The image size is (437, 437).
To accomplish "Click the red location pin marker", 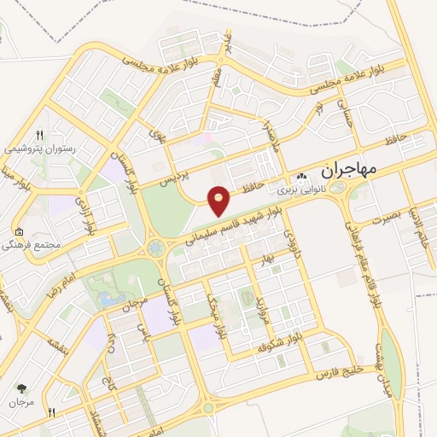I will point(219,201).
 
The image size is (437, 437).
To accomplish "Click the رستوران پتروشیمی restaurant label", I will point(40,149).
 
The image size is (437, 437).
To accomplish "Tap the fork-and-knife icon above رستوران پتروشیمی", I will point(39,134).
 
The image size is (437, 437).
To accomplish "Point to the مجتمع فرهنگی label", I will point(42,245).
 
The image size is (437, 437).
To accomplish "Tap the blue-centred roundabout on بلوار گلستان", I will point(155,249).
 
